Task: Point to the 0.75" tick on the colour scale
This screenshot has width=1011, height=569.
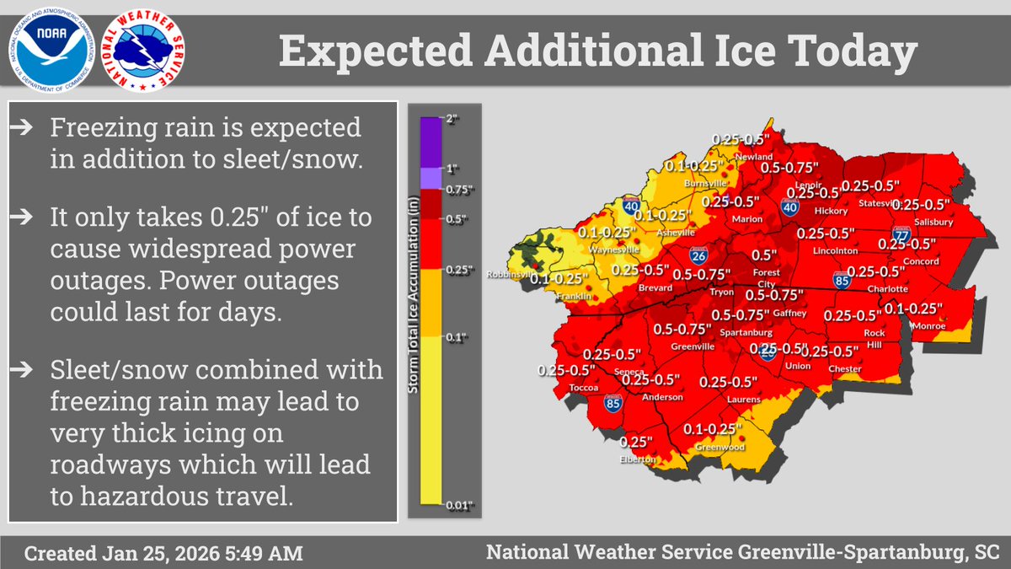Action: pos(454,191)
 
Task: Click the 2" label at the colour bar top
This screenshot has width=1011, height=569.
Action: pos(452,121)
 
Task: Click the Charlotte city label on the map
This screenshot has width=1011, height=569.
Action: pos(886,288)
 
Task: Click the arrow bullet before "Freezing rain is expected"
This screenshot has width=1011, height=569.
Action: pos(26,128)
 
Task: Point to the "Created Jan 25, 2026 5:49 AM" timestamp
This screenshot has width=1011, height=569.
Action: pos(162,555)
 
